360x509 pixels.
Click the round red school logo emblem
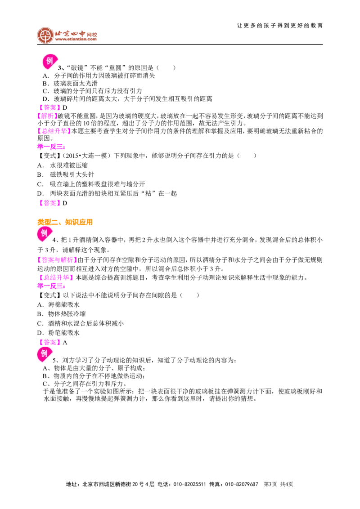tap(45, 35)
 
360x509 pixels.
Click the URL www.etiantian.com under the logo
tap(76, 39)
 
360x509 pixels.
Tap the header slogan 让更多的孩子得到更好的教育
tap(280, 26)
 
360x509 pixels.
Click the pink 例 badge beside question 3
tap(49, 61)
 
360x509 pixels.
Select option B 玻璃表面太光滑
tap(70, 84)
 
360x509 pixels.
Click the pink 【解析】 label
tap(47, 116)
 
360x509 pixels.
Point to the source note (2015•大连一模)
tap(85, 156)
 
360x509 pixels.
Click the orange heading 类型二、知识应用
tap(65, 222)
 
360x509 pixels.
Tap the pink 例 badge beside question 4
tap(44, 234)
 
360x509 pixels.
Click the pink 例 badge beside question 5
tap(44, 354)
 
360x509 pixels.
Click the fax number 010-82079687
tap(241, 484)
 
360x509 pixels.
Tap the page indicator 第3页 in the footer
tap(270, 484)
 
